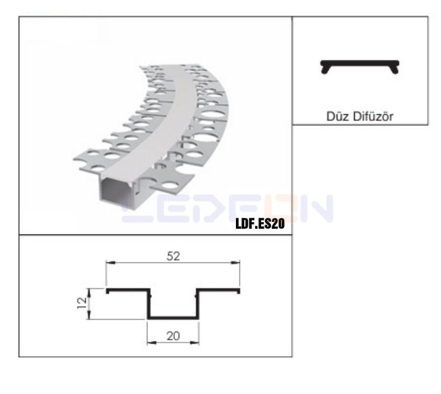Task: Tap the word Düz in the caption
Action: point(336,117)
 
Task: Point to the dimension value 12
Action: point(82,303)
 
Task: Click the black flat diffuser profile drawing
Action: point(360,62)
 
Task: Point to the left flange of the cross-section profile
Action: point(128,290)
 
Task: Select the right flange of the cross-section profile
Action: point(218,290)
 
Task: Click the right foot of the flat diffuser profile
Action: point(396,69)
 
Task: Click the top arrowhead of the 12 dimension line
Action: point(89,290)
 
